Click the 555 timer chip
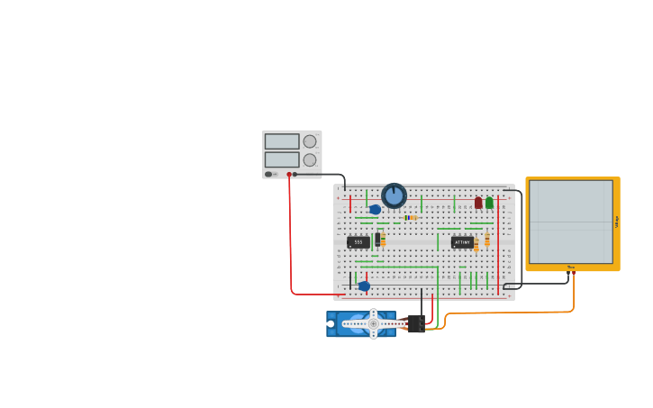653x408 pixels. click(358, 241)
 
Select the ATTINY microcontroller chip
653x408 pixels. click(462, 241)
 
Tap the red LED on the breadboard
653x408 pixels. click(478, 203)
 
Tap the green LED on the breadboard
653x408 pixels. click(489, 203)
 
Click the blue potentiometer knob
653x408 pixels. click(394, 195)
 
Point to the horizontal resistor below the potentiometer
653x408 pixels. click(410, 217)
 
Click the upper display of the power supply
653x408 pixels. click(282, 141)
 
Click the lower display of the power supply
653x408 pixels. click(282, 159)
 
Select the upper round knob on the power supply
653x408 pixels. click(310, 141)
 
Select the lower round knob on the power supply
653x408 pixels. click(310, 159)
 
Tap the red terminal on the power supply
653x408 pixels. click(289, 174)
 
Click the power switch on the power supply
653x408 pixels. click(269, 174)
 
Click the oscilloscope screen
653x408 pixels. click(571, 221)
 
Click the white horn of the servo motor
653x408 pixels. click(374, 323)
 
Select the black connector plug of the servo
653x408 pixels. click(415, 323)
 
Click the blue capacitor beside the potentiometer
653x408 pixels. click(375, 209)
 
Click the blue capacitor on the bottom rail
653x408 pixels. click(364, 286)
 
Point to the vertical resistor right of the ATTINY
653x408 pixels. click(487, 240)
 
